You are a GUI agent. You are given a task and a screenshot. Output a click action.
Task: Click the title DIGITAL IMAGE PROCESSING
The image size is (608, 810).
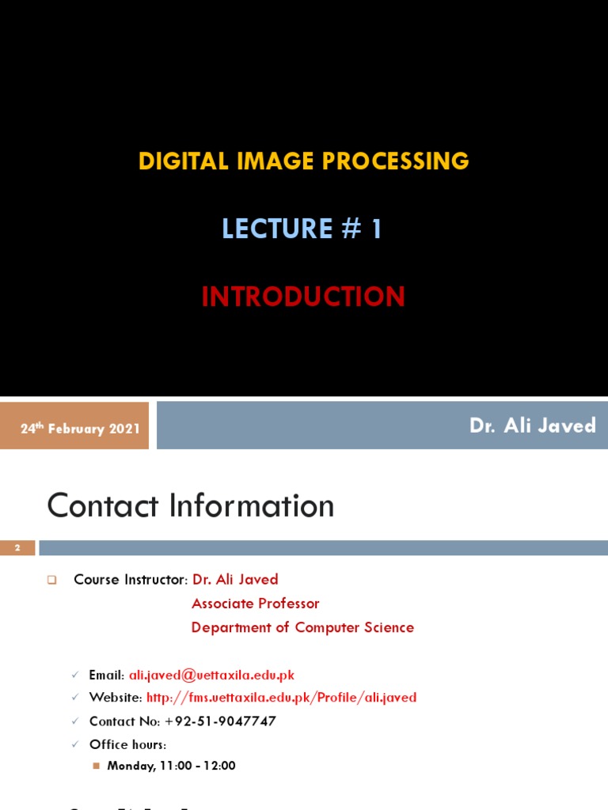pos(303,161)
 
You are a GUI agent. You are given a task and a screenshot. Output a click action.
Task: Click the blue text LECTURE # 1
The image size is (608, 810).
pos(302,229)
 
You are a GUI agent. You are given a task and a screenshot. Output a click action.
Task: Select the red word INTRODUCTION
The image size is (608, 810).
pos(303,297)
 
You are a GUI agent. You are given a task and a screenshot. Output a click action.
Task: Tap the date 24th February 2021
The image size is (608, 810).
pos(80,428)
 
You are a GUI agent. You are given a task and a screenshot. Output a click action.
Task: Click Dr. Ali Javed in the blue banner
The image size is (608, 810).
pos(532,426)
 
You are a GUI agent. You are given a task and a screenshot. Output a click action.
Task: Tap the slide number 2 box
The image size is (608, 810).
pos(17,547)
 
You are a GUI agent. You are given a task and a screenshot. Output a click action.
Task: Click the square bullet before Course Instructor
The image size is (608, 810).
pos(52,580)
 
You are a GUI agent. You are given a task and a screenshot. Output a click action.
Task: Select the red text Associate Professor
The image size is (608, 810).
pos(255,604)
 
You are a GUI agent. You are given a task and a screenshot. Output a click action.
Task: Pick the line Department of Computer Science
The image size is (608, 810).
pos(302,627)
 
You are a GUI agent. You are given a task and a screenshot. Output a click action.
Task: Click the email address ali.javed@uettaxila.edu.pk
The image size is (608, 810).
pos(211,675)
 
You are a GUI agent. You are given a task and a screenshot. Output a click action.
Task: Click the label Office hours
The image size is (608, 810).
pos(127,744)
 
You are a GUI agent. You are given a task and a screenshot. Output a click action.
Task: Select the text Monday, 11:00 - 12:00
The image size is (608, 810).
pos(171,766)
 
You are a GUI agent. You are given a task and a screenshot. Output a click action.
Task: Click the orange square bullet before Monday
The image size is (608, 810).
pos(97,766)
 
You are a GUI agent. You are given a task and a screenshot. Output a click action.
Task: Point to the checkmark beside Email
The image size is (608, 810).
pos(75,675)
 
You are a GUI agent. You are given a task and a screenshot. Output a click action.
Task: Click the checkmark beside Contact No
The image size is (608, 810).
pos(75,721)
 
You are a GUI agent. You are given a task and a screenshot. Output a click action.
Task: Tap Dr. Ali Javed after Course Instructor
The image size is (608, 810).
pos(235,580)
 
